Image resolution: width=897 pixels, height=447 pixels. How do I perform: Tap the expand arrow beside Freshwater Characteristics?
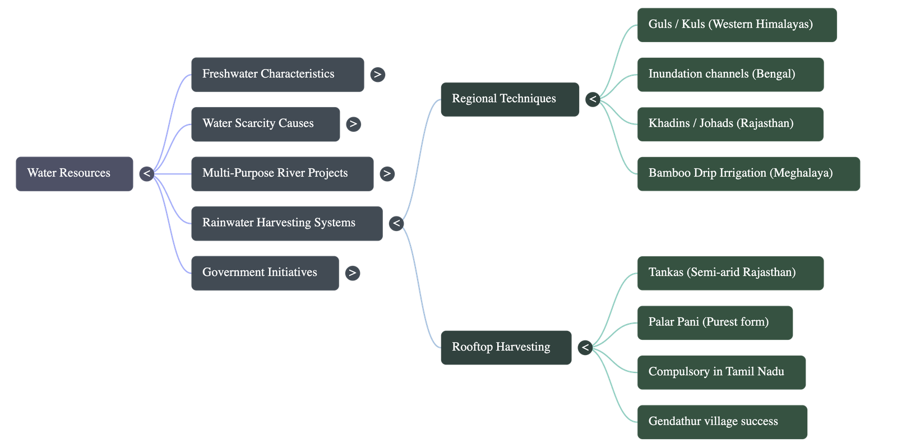pos(377,75)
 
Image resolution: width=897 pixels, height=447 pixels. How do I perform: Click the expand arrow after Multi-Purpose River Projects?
pos(386,174)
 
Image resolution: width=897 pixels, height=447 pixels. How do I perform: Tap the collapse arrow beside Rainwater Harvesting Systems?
pos(396,223)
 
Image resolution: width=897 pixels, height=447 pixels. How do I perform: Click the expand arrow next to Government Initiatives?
pos(352,273)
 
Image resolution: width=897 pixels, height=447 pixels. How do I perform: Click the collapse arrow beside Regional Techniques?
pos(593,100)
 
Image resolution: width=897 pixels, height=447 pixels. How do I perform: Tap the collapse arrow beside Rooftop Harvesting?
pos(585,348)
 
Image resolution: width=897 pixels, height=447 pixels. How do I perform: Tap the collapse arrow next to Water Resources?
pos(146,174)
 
